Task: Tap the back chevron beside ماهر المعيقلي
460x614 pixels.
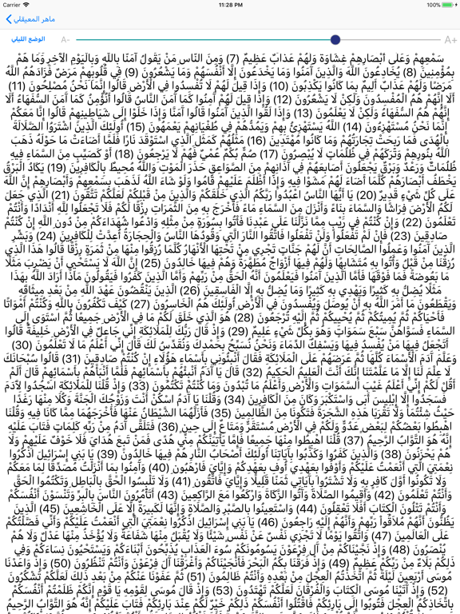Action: tap(9, 19)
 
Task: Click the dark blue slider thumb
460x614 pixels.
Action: tap(335, 39)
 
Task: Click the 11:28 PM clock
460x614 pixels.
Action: tap(230, 5)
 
